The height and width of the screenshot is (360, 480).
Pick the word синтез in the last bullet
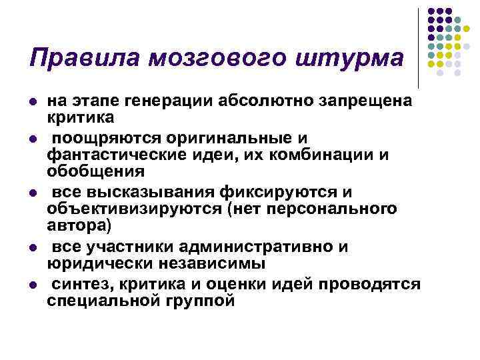coord(83,285)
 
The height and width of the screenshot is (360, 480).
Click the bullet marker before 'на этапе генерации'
coord(32,101)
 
